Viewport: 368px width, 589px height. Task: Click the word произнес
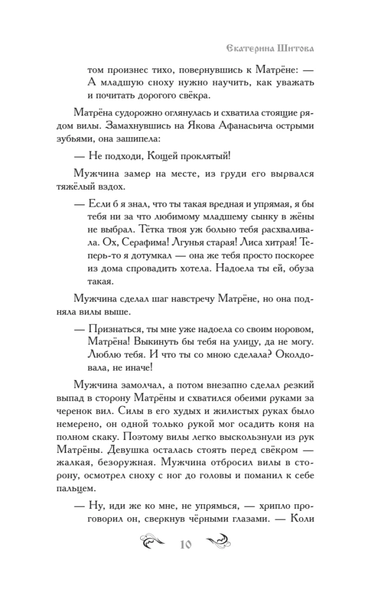pyautogui.click(x=127, y=68)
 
